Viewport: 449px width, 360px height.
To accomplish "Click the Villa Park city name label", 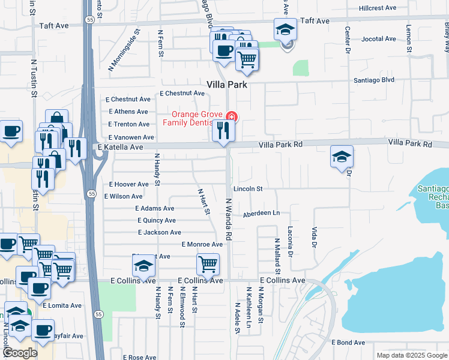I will [227, 85].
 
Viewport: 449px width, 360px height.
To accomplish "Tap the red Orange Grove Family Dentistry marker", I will [231, 116].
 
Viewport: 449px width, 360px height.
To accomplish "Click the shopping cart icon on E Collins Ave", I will [208, 264].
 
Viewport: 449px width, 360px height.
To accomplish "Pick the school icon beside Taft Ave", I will [286, 29].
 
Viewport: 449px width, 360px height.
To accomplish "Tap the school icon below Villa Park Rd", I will [342, 157].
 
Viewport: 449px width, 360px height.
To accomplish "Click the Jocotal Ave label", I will [379, 39].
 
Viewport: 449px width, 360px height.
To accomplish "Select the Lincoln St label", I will [248, 188].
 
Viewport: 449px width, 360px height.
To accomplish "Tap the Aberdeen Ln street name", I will [261, 214].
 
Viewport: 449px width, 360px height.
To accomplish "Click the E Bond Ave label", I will [349, 342].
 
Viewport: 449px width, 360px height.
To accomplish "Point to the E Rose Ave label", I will [139, 357].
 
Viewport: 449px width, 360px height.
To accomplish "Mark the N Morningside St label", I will [124, 50].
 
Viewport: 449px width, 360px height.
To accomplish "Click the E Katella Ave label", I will [120, 147].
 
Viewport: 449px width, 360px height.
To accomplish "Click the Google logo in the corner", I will [20, 353].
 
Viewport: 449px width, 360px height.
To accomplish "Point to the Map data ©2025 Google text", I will [411, 355].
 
